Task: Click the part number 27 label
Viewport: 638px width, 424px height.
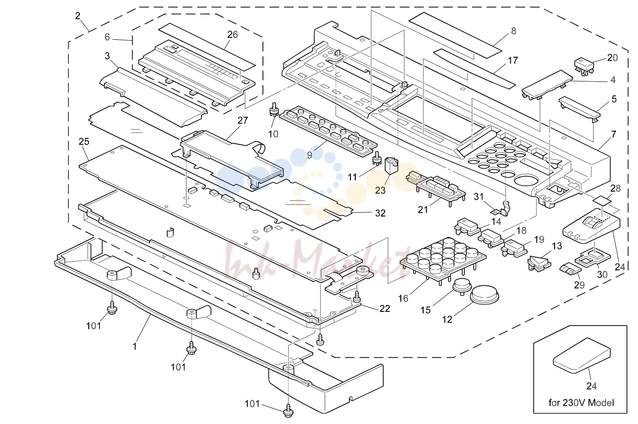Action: (x=243, y=121)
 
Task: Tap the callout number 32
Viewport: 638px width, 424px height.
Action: (x=380, y=213)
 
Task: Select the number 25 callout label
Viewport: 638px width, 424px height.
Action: (x=84, y=141)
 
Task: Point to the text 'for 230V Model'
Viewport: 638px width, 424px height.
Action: (x=581, y=403)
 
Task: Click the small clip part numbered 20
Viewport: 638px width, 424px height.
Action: (x=584, y=67)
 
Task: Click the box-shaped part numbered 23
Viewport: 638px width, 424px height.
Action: (x=391, y=166)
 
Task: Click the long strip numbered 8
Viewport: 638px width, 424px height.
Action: (x=455, y=35)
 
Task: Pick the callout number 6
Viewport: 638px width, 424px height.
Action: (x=107, y=37)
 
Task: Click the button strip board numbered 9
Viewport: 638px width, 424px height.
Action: (x=328, y=132)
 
